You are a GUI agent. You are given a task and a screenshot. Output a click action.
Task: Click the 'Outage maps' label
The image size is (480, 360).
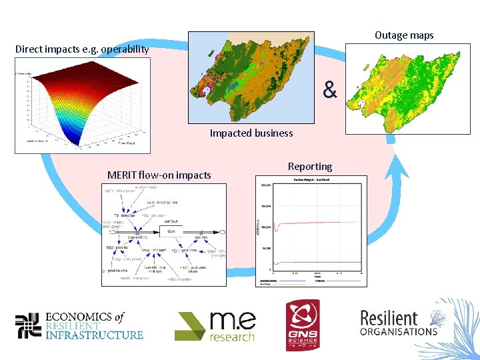pos(404,35)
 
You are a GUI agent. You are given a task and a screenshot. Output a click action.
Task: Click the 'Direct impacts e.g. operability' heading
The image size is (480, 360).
pos(82,49)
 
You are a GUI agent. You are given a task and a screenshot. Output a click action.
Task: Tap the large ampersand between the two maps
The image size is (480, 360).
pos(330,89)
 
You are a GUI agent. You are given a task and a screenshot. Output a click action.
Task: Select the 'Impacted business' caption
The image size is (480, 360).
pos(251,133)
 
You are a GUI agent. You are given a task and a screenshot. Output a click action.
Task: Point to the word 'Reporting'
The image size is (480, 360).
pos(310,167)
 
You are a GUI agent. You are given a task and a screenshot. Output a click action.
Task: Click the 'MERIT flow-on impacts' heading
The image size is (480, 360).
pos(159,175)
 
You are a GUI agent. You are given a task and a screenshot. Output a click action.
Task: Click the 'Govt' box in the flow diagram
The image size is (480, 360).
pos(171,231)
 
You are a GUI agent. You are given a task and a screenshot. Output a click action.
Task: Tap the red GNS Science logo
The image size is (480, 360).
pos(303,325)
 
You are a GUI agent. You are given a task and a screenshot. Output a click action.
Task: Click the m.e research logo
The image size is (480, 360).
pos(215,326)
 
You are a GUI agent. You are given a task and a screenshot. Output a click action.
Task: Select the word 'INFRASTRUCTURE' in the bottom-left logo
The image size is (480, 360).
pos(94,335)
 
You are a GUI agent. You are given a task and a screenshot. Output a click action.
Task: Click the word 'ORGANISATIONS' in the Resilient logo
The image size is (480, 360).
pos(399,331)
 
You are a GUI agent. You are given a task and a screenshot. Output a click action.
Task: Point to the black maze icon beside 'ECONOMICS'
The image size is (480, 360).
pos(28,325)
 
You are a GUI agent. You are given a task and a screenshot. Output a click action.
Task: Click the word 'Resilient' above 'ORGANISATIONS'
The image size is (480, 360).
pos(389,317)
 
